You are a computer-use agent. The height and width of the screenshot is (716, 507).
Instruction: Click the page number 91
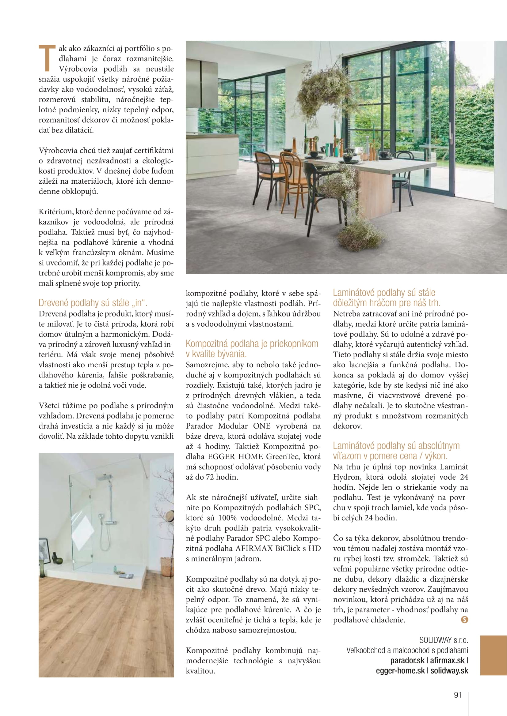(x=458, y=695)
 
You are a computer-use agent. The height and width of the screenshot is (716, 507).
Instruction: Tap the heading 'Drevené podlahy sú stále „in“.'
(x=93, y=303)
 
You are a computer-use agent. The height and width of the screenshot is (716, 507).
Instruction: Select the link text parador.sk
(x=407, y=661)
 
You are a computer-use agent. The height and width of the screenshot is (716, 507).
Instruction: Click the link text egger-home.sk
(x=400, y=671)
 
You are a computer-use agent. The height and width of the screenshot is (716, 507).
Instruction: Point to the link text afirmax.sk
(x=447, y=661)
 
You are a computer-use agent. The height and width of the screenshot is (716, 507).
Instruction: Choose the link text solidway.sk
(x=449, y=671)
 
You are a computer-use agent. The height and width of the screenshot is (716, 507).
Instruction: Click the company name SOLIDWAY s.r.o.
(x=444, y=640)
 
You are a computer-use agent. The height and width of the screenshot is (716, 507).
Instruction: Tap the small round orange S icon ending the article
(x=464, y=620)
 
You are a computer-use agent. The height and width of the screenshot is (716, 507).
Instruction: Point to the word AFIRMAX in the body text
(x=254, y=548)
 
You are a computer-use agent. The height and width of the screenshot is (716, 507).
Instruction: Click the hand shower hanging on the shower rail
(x=102, y=518)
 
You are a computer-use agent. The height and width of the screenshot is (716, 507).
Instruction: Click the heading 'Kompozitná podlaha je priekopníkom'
(x=252, y=344)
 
